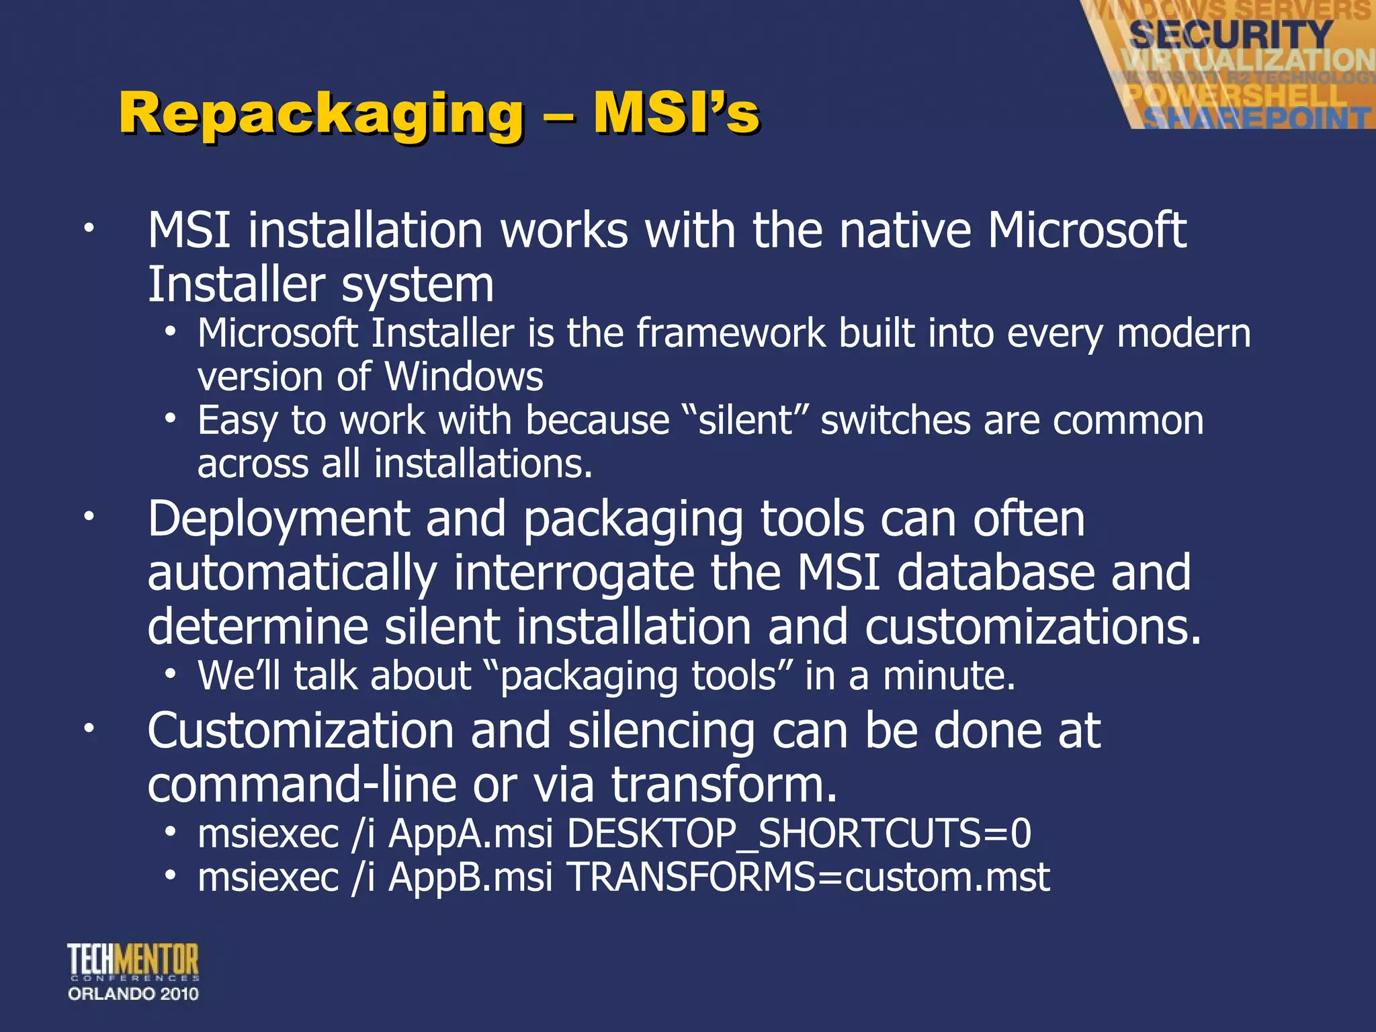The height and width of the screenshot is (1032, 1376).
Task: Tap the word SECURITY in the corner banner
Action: [x=1230, y=34]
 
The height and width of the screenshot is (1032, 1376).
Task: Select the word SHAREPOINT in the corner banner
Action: [x=1256, y=118]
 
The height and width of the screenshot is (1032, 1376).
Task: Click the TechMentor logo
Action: [x=133, y=961]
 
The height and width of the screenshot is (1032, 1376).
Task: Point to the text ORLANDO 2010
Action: [x=133, y=994]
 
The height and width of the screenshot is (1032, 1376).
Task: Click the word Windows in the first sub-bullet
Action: [x=464, y=376]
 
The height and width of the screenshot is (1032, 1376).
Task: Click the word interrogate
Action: [x=574, y=572]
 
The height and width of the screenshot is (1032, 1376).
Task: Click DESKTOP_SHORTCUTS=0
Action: [x=799, y=834]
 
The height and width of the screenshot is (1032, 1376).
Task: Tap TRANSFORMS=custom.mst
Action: [x=808, y=877]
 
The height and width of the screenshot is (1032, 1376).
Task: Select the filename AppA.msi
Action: [x=470, y=834]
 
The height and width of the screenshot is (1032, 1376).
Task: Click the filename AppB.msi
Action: [x=470, y=877]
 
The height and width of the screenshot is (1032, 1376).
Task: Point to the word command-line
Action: [x=302, y=785]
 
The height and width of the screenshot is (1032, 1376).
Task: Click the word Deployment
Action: [x=279, y=519]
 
